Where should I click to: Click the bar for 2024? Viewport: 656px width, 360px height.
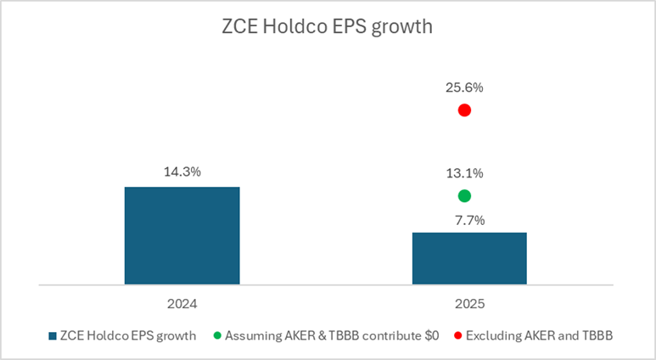(x=182, y=235)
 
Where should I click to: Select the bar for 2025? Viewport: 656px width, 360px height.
(x=469, y=258)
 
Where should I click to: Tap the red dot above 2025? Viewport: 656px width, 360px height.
(x=464, y=110)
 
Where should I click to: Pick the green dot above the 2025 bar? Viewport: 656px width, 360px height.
(x=464, y=196)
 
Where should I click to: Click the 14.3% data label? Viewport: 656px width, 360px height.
(x=182, y=172)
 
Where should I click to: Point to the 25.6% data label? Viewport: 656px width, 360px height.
(x=464, y=87)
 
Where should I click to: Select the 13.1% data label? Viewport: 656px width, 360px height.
(x=464, y=173)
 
